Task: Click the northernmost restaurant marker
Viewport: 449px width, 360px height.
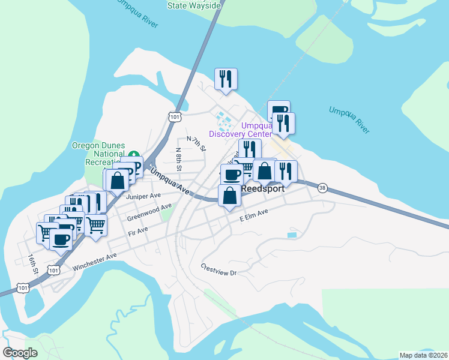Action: (226, 79)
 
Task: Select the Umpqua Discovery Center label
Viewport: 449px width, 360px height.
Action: (240, 129)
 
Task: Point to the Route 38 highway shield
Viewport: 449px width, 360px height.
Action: (323, 187)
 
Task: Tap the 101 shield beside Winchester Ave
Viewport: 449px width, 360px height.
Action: (54, 271)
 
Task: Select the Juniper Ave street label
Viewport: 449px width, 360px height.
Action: (143, 196)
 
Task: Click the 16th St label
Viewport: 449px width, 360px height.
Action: (32, 263)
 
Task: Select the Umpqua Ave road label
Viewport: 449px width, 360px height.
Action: (170, 181)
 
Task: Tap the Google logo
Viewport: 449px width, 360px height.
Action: (20, 352)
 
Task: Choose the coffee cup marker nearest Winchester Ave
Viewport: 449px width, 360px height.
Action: (60, 239)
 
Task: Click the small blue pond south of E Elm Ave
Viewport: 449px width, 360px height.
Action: (292, 235)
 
